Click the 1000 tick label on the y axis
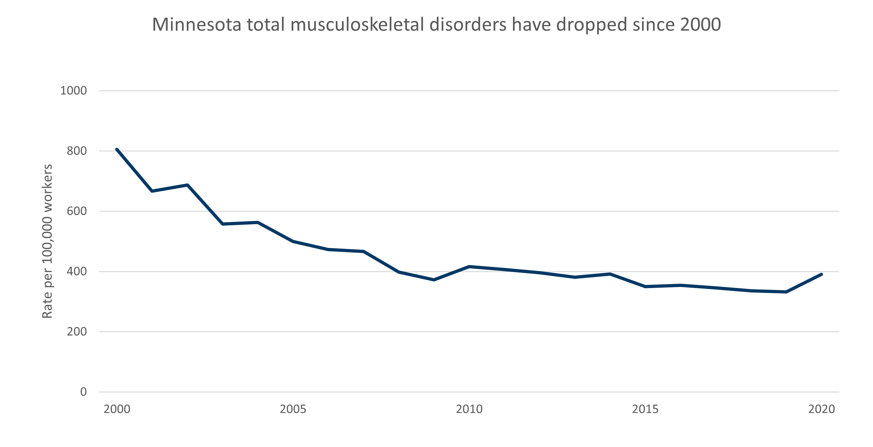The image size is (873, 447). (73, 91)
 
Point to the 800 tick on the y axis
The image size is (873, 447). (76, 151)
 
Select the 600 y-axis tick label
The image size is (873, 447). (76, 211)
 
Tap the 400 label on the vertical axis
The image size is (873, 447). (76, 272)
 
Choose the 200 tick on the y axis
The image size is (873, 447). (76, 332)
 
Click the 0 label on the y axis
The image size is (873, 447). (83, 392)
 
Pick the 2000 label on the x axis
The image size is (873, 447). (117, 409)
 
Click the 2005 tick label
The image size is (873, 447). (293, 409)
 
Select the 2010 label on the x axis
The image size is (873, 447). (469, 409)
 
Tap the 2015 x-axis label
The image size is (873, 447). (645, 409)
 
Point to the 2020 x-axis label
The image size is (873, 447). (821, 409)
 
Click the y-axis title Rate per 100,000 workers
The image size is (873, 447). (47, 241)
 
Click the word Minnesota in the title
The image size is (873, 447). (196, 25)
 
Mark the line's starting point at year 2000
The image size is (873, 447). (116, 149)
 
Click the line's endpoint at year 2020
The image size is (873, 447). (821, 274)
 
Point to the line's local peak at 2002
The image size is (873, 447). (187, 185)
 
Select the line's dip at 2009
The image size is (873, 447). (434, 280)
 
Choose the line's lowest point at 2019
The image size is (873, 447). (786, 292)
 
